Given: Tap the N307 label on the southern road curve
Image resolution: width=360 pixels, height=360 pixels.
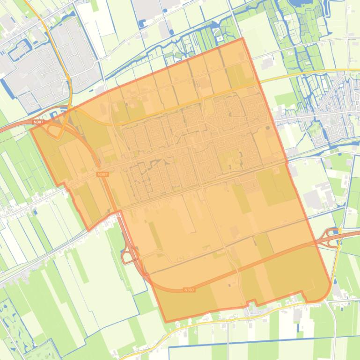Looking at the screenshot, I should (x=189, y=290).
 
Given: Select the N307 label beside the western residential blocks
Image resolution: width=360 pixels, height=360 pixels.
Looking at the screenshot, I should (x=103, y=174).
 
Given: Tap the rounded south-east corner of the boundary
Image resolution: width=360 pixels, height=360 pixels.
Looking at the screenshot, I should (x=328, y=290).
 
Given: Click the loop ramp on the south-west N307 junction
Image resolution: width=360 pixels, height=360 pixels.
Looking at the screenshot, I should (x=126, y=257).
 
